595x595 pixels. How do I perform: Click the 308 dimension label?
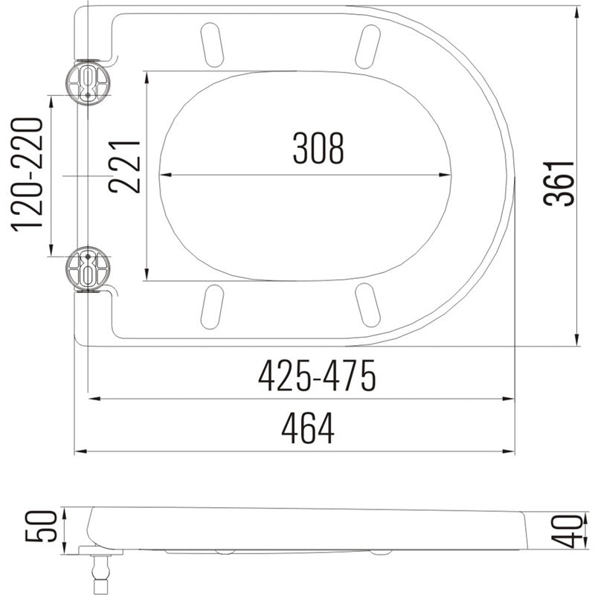318,148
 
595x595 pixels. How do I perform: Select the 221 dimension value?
124,166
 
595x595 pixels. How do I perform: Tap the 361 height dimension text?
559,183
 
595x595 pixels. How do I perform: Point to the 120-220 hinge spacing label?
26,176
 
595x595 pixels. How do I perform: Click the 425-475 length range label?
317,378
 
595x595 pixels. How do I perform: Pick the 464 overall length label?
308,429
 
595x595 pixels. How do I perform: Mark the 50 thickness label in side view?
46,527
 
